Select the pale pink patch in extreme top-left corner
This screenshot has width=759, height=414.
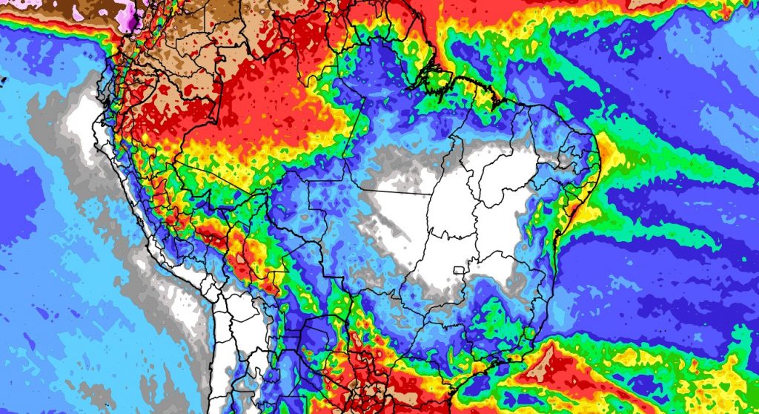[x=10, y=4]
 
